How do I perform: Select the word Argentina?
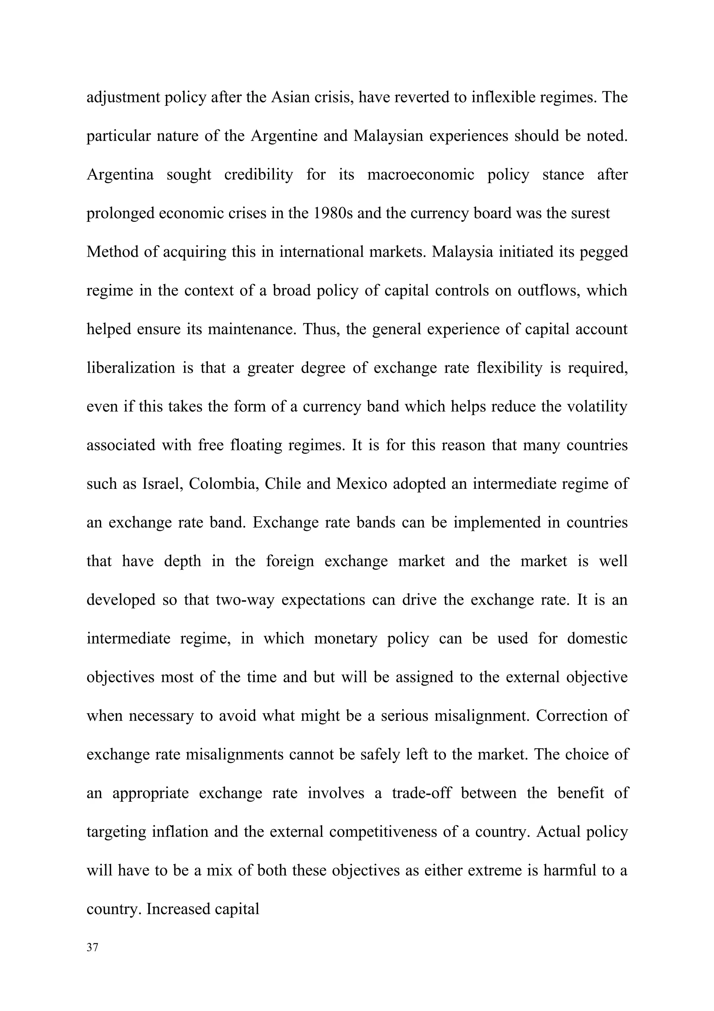tap(120, 174)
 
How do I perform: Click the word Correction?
tap(571, 716)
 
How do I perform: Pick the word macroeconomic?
tap(420, 174)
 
